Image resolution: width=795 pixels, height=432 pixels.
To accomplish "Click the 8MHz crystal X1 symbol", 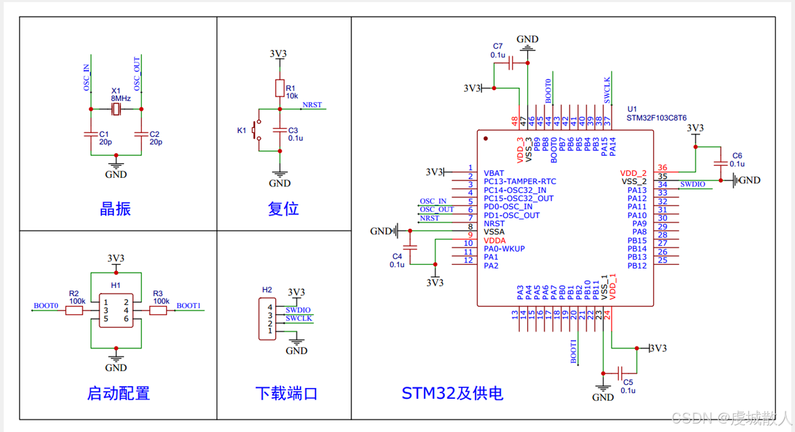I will click(116, 109).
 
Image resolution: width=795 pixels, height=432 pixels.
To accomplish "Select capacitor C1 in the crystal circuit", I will click(91, 134).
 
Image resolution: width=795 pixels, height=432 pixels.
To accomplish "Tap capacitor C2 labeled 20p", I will click(141, 134).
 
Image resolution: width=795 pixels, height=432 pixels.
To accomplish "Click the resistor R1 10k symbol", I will click(280, 88).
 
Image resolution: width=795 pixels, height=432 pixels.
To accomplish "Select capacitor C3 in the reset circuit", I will click(280, 130).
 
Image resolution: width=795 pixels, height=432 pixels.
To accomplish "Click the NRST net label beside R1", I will click(312, 105).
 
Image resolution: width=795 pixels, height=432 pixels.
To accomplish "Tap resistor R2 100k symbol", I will click(74, 311).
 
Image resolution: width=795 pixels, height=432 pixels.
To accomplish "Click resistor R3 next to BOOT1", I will click(158, 311).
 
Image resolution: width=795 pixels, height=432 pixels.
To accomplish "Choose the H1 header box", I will click(116, 311).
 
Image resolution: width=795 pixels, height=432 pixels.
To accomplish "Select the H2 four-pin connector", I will click(267, 318).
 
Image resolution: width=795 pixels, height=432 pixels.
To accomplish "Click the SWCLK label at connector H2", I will click(298, 318).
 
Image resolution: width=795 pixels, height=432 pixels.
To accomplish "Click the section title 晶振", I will click(115, 209).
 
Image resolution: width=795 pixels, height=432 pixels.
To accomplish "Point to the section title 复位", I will click(283, 209).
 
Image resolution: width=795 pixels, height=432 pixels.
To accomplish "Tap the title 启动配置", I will click(118, 393).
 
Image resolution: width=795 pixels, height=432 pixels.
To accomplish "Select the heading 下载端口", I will click(286, 393).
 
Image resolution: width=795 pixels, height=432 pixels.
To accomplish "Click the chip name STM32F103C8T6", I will click(657, 118).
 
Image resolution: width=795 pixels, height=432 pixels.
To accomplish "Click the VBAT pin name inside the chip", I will click(494, 173).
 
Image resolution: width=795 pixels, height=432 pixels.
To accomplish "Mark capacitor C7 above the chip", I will click(511, 64).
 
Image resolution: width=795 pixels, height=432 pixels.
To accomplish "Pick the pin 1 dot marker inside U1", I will click(485, 139).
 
